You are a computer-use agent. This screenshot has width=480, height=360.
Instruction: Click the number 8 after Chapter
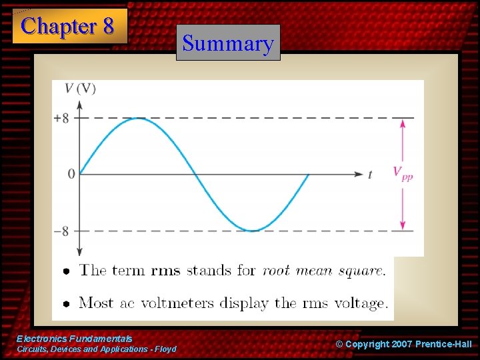coord(107,27)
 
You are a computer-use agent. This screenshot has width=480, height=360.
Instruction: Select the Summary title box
coord(228,43)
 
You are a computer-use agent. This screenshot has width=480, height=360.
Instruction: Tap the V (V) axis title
coord(80,89)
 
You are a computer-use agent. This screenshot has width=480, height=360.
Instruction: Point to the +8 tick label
coord(61,118)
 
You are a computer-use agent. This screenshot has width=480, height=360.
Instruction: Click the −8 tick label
coord(61,231)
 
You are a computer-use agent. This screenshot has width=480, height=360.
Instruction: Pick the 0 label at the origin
coord(71,175)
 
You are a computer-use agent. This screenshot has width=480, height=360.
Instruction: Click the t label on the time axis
coord(370,175)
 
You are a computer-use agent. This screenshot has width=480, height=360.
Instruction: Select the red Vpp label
coord(402,175)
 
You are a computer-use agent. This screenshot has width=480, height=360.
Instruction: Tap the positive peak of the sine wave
coord(137,118)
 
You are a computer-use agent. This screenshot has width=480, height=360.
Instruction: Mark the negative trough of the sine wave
coord(252,231)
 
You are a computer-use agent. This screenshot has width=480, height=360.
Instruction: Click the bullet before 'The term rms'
coord(66,271)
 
